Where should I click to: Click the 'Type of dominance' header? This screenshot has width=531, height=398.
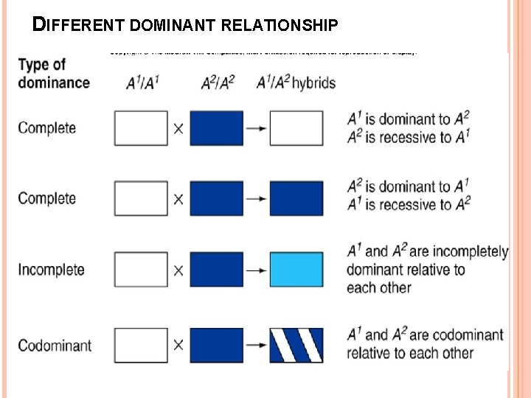point(53,73)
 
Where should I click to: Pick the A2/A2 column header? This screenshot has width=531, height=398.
point(218,82)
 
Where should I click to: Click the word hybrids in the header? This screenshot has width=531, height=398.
point(313,82)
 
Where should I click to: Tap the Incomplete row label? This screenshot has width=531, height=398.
point(51,270)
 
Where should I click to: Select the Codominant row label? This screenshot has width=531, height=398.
point(55,345)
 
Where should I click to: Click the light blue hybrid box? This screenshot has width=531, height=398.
point(296,269)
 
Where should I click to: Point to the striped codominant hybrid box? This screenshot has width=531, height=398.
point(296,345)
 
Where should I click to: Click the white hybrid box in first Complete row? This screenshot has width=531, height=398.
point(296,128)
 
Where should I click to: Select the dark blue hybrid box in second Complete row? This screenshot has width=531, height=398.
point(296,198)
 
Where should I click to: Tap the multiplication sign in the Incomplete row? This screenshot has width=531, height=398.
point(178,270)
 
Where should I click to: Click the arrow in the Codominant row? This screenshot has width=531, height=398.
point(255,345)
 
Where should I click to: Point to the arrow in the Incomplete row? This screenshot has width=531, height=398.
point(255,270)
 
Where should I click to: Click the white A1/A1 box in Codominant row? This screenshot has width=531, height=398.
point(141,345)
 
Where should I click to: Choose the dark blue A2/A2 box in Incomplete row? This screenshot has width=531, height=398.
point(216,269)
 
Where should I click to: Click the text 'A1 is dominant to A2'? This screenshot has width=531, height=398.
point(408,119)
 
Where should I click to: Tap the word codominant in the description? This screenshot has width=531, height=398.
point(457,335)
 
